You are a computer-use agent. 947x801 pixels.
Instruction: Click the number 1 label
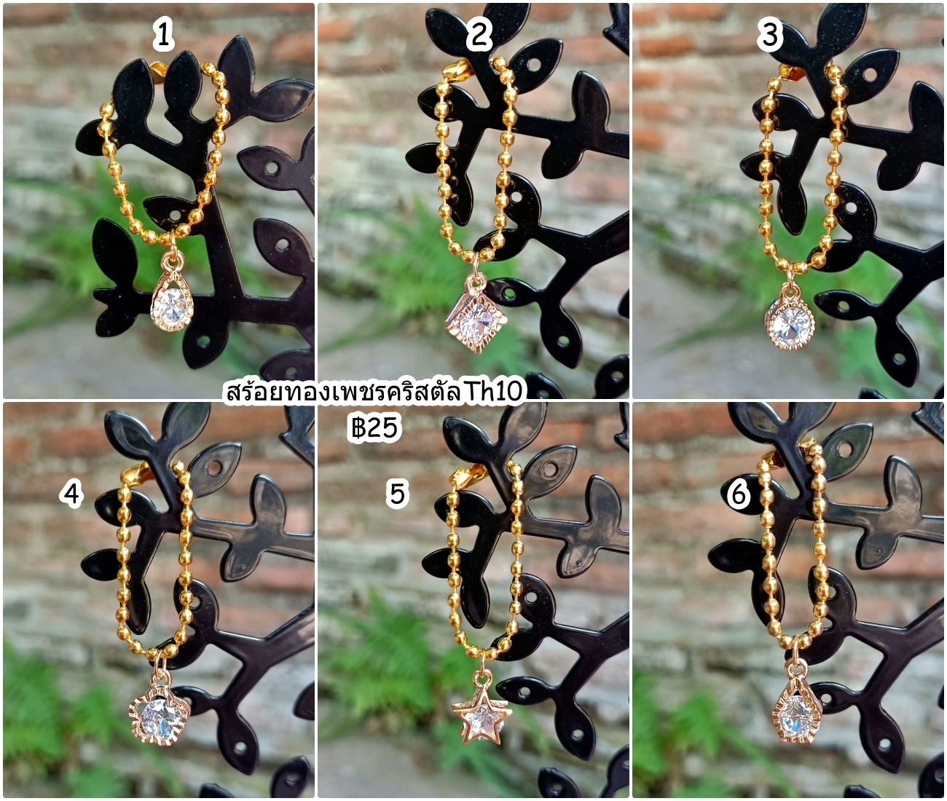[x=162, y=36]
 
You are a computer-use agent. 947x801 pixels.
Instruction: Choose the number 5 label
[x=397, y=494]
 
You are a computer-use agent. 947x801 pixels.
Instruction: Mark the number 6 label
[x=739, y=494]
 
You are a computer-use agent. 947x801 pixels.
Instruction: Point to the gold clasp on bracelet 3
[x=790, y=71]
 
